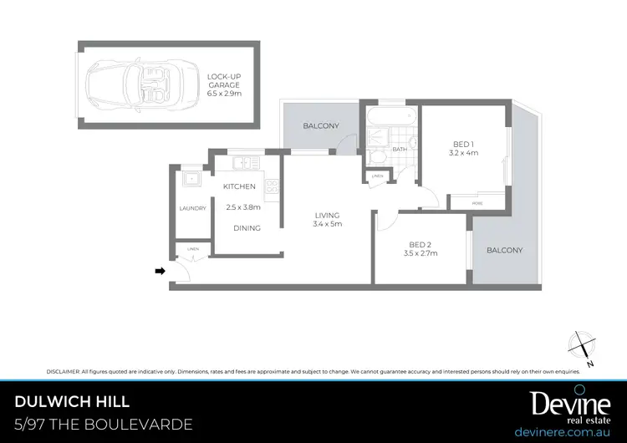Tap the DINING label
(x=247, y=227)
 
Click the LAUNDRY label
(x=192, y=209)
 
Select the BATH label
(x=400, y=150)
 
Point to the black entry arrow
(x=161, y=270)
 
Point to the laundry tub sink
(x=192, y=178)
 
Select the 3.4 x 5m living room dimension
(x=327, y=224)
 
